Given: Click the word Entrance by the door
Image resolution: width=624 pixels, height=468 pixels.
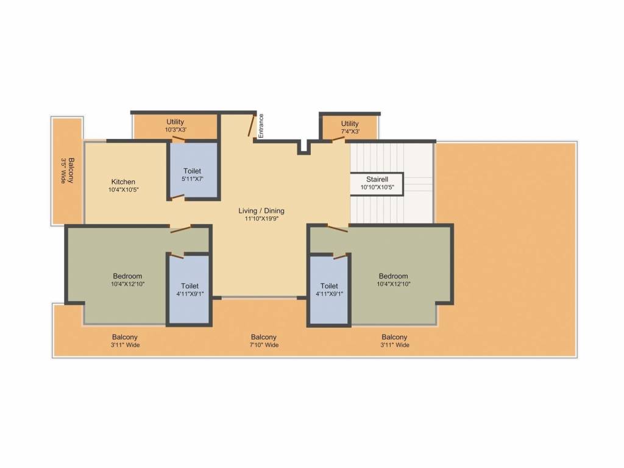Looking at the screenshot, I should (261, 126).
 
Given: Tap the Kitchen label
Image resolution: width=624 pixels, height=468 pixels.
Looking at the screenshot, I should (123, 182).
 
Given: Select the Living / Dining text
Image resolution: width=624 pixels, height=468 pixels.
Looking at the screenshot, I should (261, 211).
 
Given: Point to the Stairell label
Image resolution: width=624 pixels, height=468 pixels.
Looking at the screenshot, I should (376, 179).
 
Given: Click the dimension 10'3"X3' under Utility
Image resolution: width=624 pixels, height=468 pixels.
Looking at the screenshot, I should (175, 130).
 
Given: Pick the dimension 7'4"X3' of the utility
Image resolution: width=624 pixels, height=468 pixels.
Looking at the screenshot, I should (350, 132).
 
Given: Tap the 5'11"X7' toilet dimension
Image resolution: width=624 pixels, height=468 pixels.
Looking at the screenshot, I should (192, 179).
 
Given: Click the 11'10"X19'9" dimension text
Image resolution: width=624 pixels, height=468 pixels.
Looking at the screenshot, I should (261, 219).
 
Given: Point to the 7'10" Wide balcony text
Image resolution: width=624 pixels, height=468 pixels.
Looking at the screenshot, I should (264, 345).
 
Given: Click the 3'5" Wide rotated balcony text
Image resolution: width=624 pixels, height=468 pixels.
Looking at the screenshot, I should (63, 171).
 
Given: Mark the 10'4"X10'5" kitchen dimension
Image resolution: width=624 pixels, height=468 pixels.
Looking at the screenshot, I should (123, 190).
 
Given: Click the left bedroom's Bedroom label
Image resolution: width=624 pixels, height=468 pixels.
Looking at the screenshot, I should (127, 276).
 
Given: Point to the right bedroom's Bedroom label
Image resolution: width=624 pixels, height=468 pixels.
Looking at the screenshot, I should (392, 276).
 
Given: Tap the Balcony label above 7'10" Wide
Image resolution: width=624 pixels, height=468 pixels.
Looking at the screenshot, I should (264, 337).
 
